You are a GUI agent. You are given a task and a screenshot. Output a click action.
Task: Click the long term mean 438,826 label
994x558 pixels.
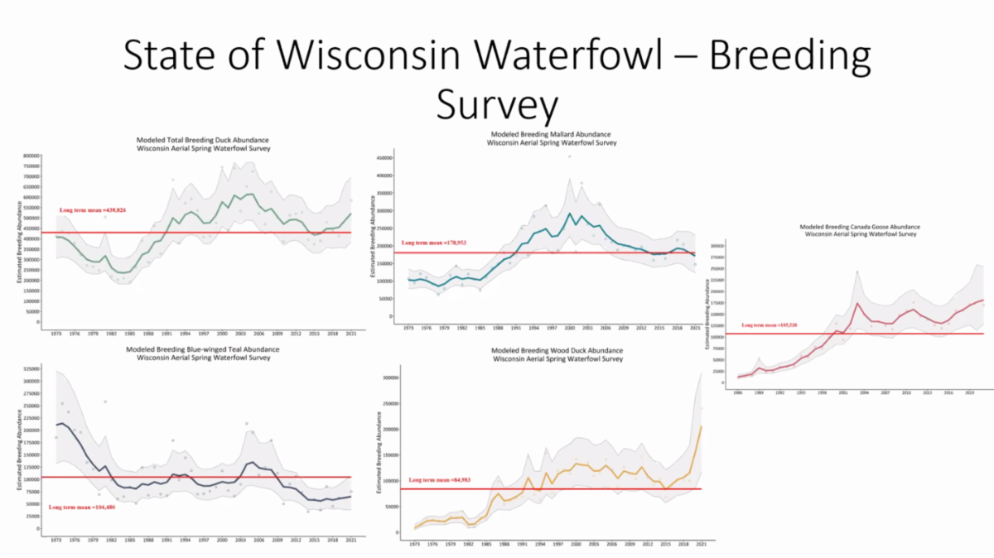pos(94,211)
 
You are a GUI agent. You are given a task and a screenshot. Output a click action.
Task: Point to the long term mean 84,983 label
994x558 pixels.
pos(439,480)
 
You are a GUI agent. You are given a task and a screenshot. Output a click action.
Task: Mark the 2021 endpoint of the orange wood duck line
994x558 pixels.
pos(702,426)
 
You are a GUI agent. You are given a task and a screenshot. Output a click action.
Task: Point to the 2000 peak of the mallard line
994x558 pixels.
pos(569,214)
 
